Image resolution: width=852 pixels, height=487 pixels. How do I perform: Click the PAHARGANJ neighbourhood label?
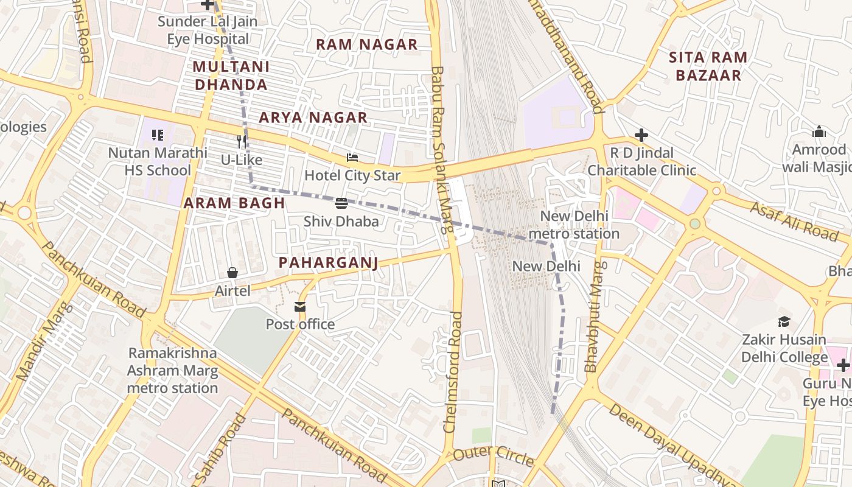328,262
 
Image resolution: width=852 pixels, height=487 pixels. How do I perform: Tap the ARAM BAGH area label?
234,203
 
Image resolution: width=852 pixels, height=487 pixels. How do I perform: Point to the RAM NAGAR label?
366,44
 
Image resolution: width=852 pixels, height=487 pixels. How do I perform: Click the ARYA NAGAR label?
313,117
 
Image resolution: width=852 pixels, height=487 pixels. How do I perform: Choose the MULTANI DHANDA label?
231,75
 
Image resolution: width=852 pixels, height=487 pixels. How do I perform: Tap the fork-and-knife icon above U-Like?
242,142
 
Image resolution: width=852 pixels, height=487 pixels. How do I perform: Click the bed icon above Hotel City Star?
352,158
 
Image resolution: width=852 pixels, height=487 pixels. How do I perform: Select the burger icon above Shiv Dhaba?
341,203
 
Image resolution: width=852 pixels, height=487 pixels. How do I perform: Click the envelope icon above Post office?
300,306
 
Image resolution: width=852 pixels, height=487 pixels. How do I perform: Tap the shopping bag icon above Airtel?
232,273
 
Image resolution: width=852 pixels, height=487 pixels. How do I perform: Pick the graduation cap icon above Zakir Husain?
784,321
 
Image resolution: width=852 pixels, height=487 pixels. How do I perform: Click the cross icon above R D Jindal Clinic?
641,135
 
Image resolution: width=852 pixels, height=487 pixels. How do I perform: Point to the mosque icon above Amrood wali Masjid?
819,131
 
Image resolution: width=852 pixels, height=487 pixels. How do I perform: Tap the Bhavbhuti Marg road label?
594,317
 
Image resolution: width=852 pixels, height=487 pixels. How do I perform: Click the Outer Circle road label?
493,454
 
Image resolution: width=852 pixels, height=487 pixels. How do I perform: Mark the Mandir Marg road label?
44,342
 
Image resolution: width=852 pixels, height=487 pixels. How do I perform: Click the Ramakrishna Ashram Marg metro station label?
172,371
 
